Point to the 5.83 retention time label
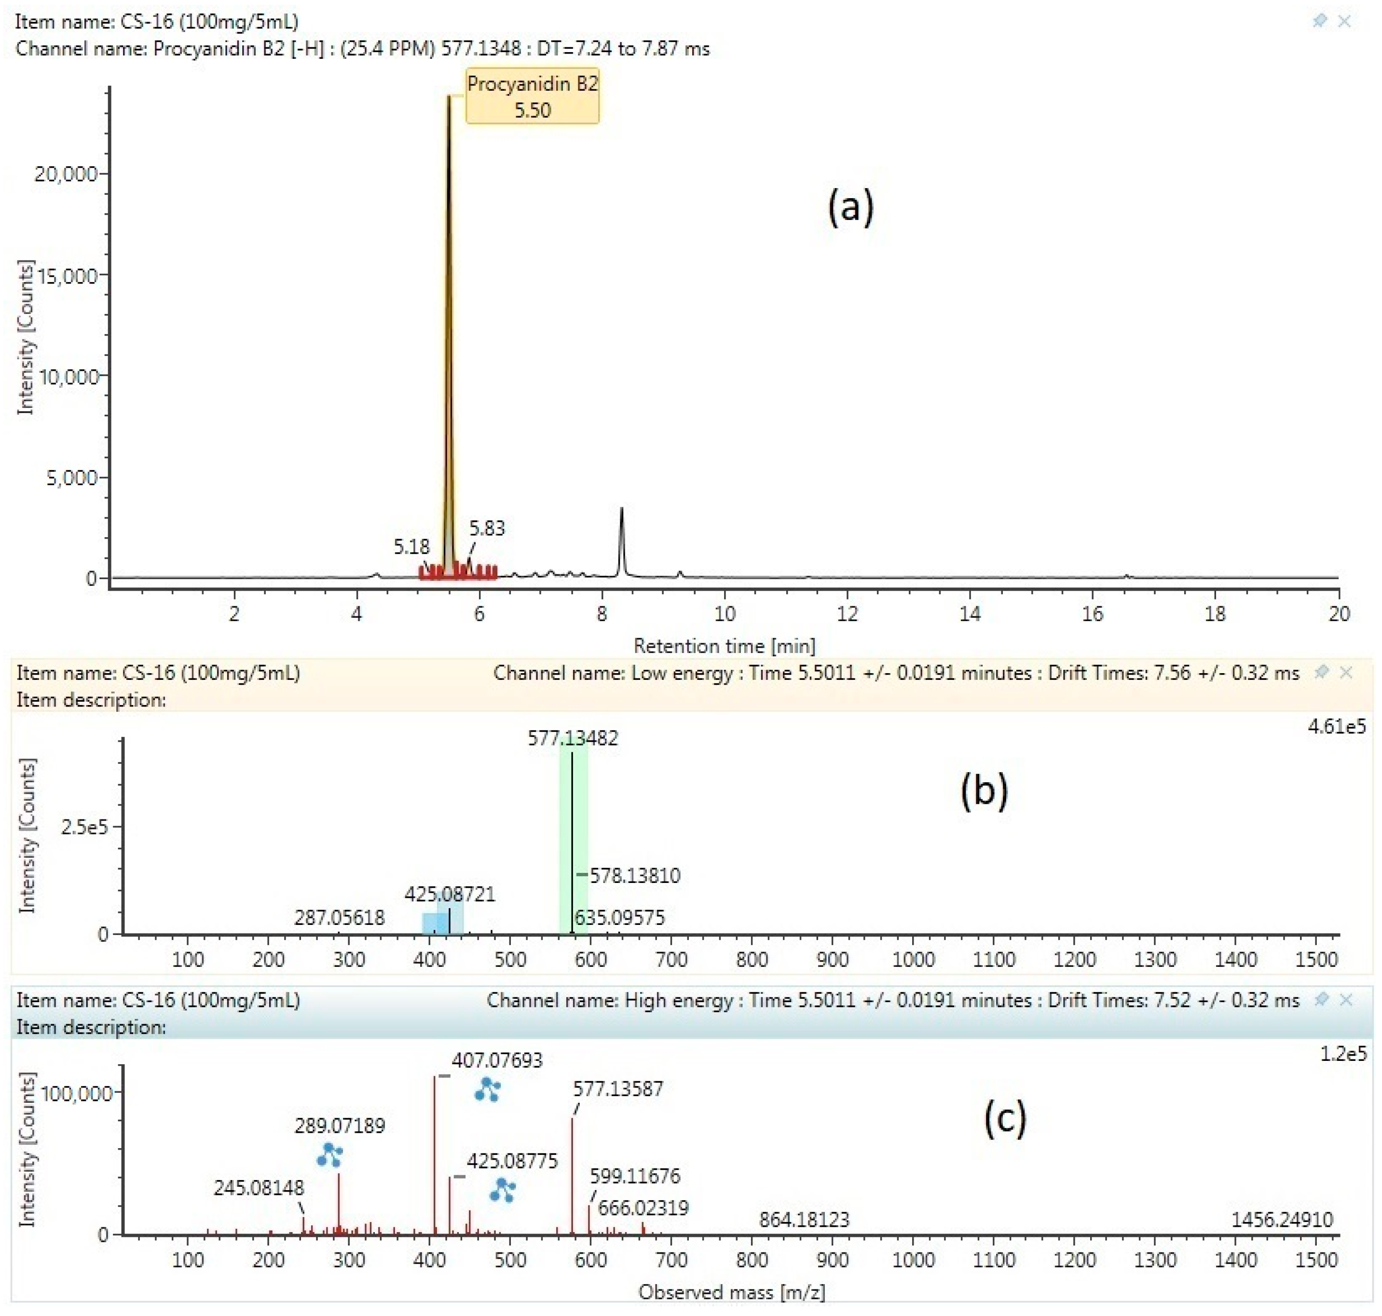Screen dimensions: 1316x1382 pos(487,528)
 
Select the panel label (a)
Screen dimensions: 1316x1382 pos(850,208)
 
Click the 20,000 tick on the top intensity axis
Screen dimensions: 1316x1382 pos(66,174)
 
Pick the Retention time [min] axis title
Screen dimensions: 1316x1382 pos(724,645)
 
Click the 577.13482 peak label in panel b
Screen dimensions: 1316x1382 pos(573,738)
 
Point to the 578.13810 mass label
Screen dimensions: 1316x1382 pos(635,875)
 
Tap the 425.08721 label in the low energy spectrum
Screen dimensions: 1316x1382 pos(450,894)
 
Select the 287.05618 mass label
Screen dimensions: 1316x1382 pos(340,918)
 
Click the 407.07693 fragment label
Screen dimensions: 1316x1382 pos(497,1060)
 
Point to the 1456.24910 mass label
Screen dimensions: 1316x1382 pos(1282,1220)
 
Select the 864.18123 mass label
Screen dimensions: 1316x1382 pos(804,1220)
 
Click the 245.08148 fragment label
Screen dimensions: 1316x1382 pos(259,1188)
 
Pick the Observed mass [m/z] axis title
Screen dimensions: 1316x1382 pos(731,1291)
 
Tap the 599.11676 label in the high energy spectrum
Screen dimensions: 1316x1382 pos(635,1176)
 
